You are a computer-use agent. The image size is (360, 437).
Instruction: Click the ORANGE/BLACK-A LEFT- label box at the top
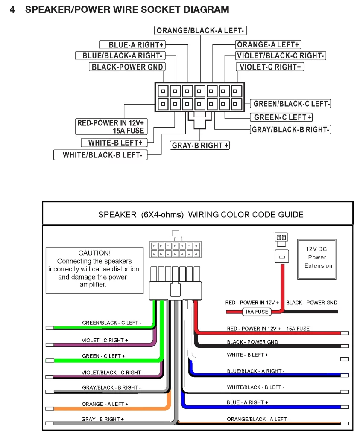coord(200,30)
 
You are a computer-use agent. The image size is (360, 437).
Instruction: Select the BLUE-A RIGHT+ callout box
coord(132,44)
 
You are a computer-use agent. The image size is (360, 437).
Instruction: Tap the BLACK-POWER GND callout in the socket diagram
coord(127,67)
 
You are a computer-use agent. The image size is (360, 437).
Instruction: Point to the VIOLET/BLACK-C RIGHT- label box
coord(280,56)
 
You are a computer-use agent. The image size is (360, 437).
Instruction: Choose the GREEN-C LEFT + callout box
coord(281,117)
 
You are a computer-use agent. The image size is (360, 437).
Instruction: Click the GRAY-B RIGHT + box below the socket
coord(200,145)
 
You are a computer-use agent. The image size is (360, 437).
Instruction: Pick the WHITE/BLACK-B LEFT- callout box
coord(100,155)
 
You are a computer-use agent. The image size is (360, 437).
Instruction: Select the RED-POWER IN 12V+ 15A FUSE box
coord(111,127)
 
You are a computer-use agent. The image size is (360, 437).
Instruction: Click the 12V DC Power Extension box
coord(317,259)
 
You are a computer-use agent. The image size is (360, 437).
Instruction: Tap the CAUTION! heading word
coord(94,253)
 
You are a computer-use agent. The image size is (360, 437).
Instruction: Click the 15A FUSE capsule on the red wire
coord(257,312)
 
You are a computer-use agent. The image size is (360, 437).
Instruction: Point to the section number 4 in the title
coord(12,10)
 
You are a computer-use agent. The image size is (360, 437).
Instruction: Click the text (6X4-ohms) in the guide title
coord(162,215)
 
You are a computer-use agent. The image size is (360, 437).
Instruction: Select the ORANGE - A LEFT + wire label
coord(105,404)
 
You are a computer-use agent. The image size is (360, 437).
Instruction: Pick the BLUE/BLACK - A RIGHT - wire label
coord(256,371)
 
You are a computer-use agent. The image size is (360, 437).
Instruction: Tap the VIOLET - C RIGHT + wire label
coord(105,340)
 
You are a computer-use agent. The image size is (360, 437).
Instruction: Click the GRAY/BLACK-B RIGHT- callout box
coord(290,130)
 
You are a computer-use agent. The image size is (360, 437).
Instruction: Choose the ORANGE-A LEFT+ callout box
coord(268,44)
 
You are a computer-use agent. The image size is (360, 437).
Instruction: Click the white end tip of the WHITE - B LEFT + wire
coord(344,359)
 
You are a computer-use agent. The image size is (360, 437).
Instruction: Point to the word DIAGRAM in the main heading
coord(206,10)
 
